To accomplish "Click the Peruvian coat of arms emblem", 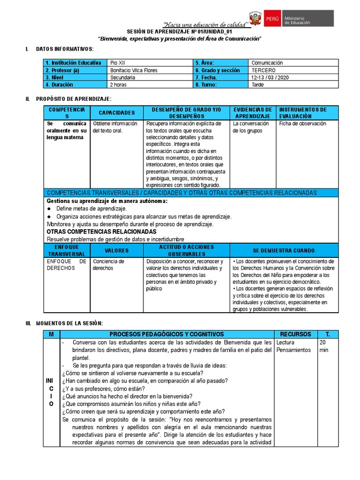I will pos(255,19).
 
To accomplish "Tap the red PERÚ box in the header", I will pos(272,19).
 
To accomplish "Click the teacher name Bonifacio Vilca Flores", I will pos(134,70).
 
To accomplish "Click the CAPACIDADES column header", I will pos(117,113).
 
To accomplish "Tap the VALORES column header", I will pos(117,250).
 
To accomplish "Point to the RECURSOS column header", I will pos(295,334).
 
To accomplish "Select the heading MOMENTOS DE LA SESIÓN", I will pos(69,323).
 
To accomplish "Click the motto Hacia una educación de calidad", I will pos(205,24).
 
